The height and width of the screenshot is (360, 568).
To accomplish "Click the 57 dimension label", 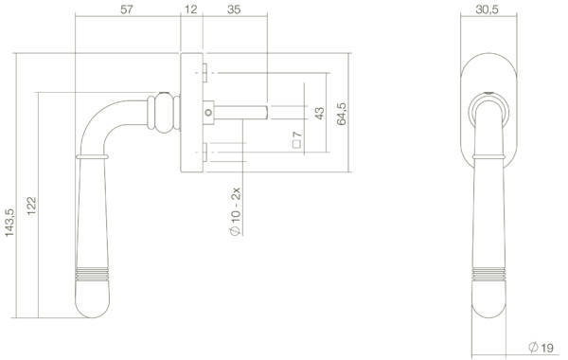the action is [127, 9].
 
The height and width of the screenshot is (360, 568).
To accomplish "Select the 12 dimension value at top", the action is [191, 9].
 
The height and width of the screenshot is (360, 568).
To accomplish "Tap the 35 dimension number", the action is [234, 9].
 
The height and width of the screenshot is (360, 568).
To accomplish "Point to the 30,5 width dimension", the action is [487, 9].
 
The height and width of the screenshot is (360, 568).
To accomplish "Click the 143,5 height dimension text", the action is [9, 223].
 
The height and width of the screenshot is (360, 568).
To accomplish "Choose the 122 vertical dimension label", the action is [31, 206].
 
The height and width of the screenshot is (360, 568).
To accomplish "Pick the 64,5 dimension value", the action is [341, 114].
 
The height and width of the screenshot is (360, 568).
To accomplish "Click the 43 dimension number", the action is [320, 113].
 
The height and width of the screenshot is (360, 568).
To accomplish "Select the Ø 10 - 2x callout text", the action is [236, 211].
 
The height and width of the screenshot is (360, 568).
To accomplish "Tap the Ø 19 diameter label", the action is [541, 348].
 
